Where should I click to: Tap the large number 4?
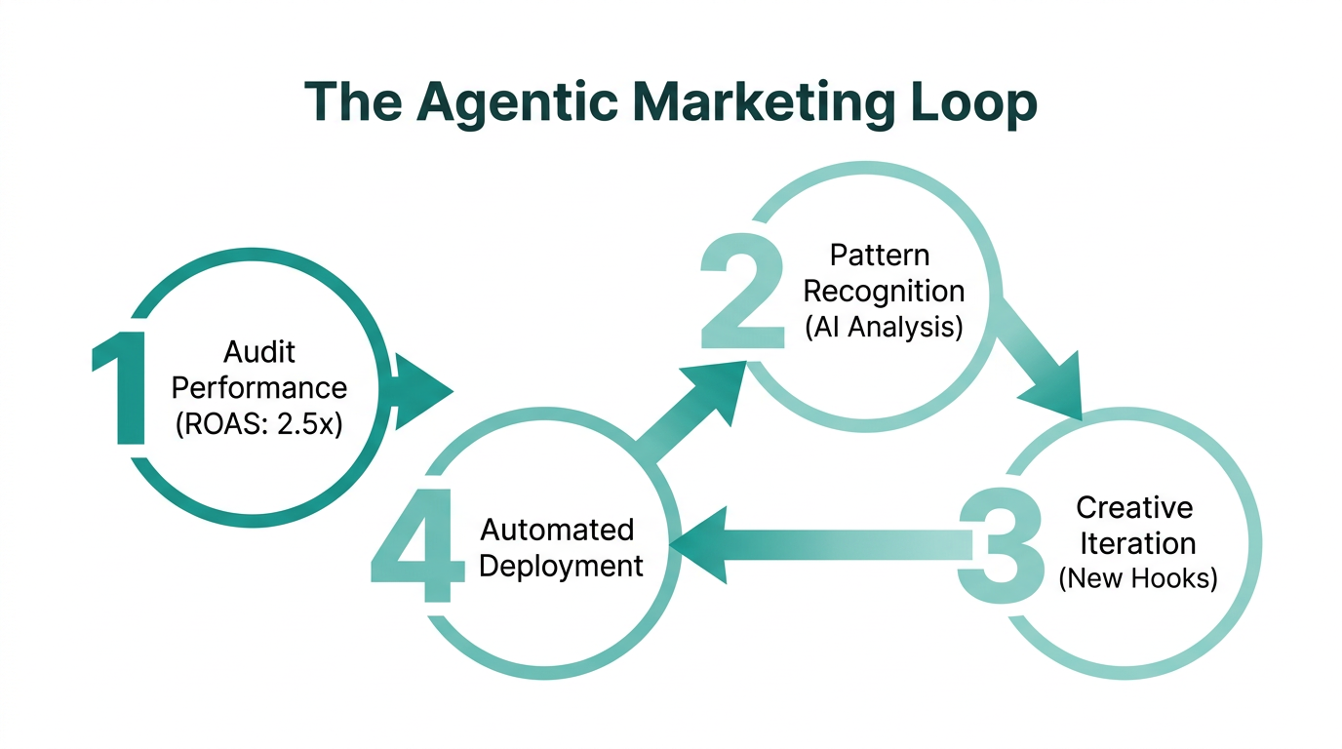tap(415, 546)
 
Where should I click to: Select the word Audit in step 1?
tap(258, 351)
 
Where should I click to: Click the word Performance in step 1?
tap(258, 388)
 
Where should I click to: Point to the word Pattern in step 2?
tap(880, 256)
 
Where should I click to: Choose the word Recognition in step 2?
tap(884, 291)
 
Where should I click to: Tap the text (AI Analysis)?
tap(884, 327)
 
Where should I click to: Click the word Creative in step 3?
tap(1134, 507)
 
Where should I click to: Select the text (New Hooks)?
tap(1137, 578)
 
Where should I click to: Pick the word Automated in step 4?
tap(558, 531)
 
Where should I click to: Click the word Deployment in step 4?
tap(562, 566)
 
